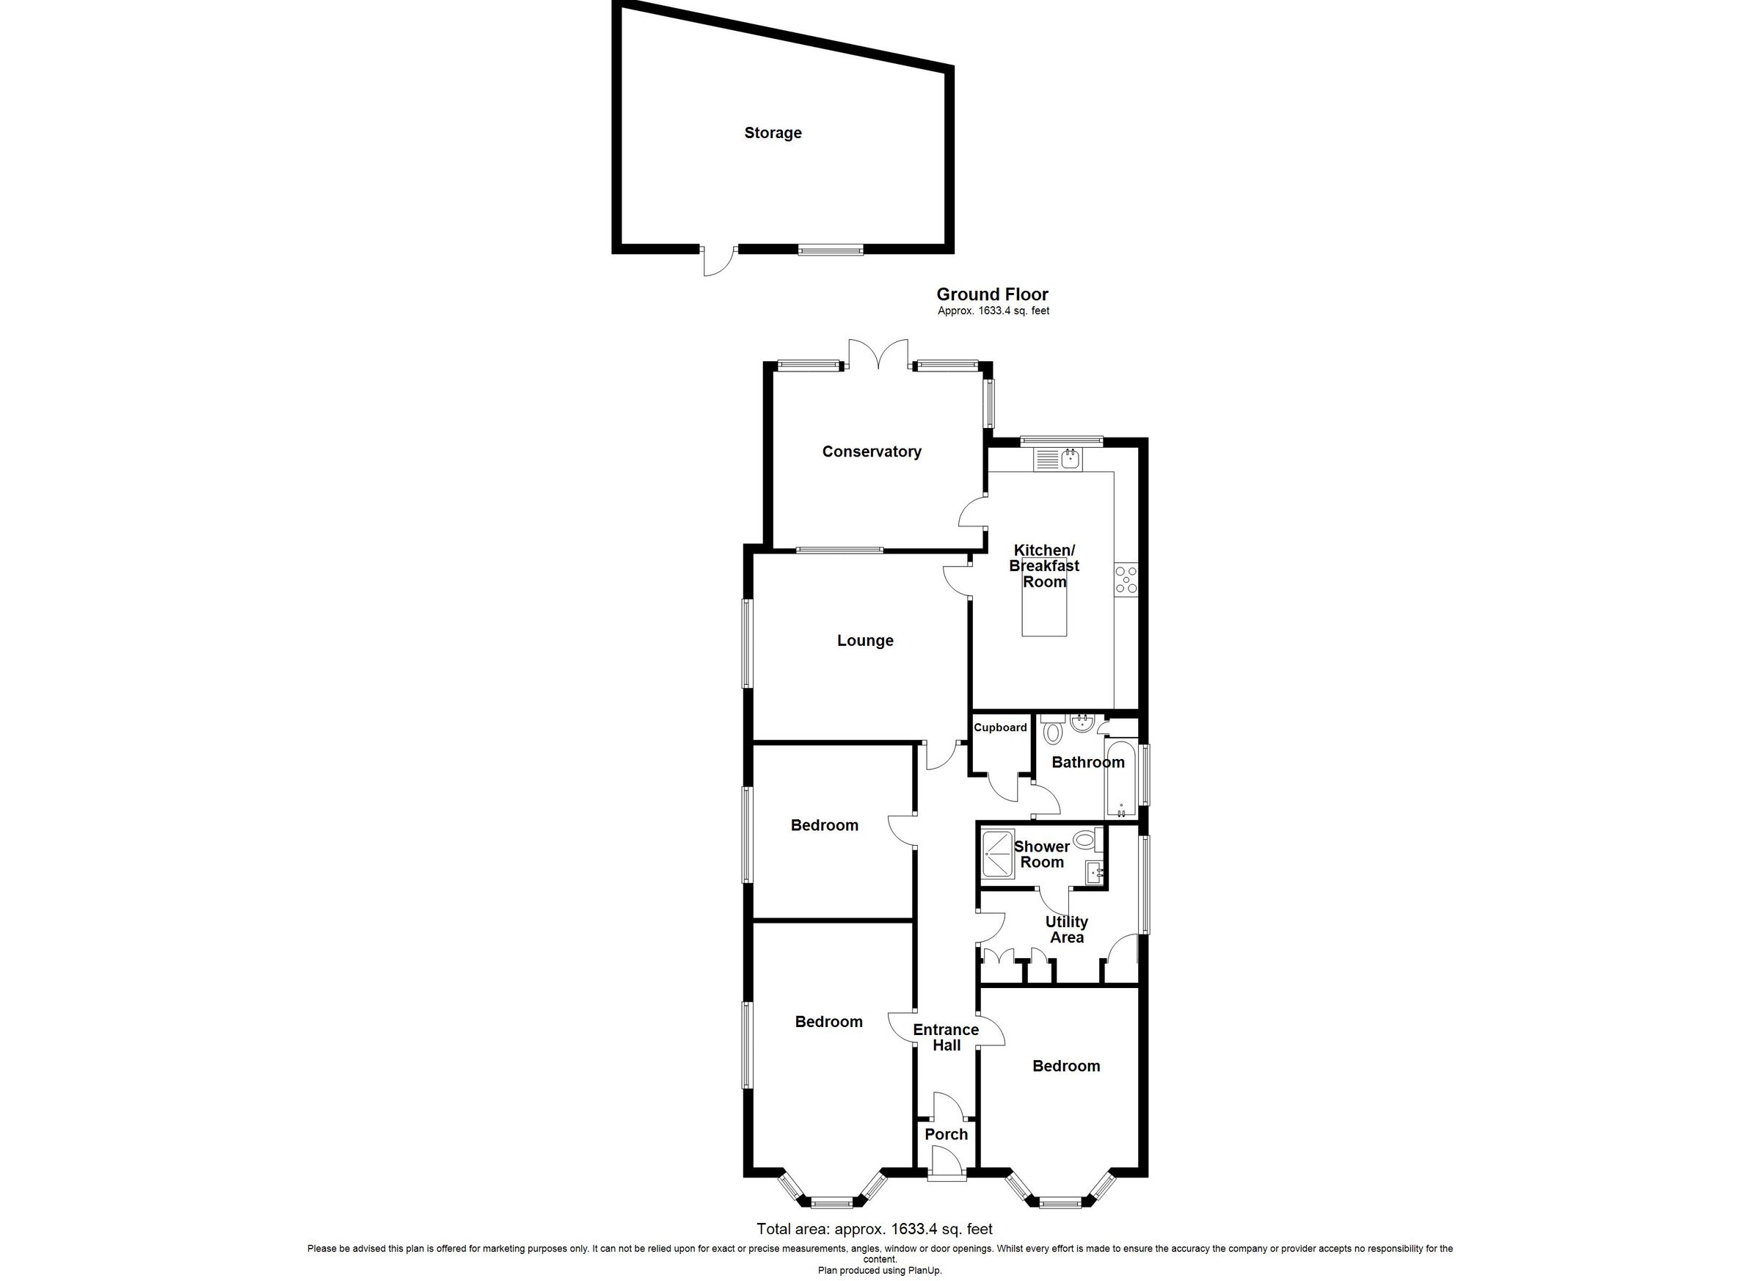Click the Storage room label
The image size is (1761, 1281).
click(773, 133)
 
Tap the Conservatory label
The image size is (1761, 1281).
click(871, 451)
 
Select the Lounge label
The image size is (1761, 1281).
click(865, 640)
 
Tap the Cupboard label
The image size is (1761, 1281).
click(1000, 727)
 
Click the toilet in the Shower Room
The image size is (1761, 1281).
click(1085, 838)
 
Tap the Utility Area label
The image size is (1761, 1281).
click(1066, 929)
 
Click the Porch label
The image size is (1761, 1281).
click(946, 1134)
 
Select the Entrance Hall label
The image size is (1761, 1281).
click(946, 1037)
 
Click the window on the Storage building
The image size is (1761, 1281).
click(830, 250)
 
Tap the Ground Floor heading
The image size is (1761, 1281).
click(991, 294)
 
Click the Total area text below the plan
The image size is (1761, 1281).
click(875, 1229)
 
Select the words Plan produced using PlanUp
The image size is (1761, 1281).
click(879, 1270)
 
